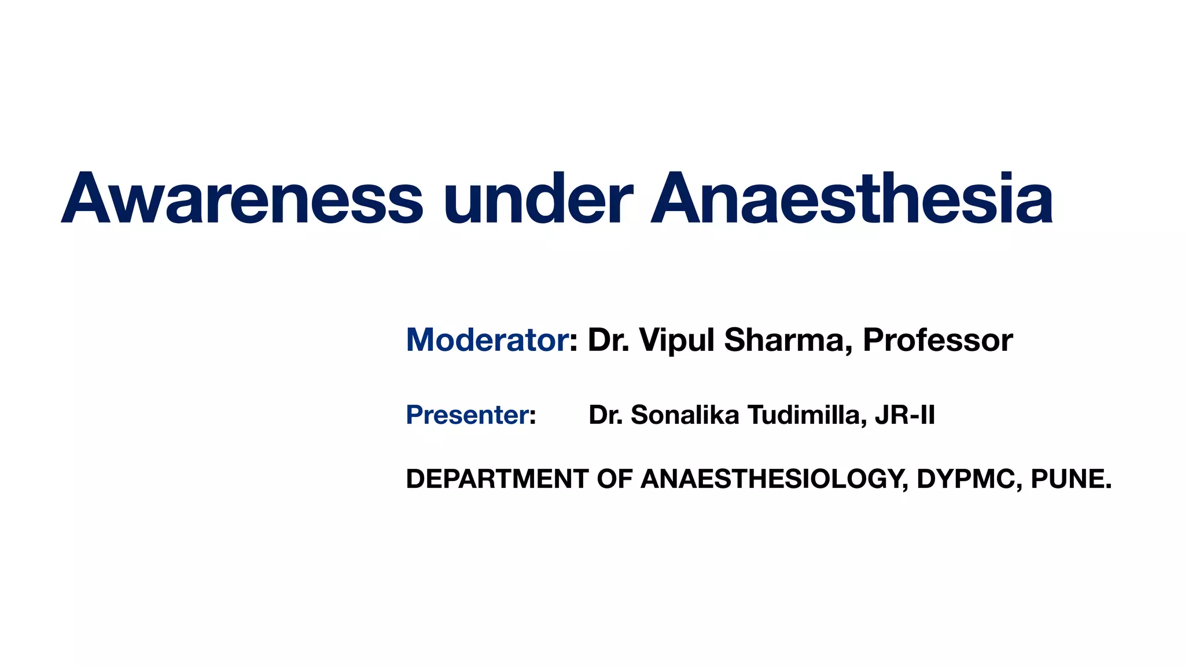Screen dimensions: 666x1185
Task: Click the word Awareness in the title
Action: (242, 198)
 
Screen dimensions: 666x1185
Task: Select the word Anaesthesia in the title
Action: (851, 198)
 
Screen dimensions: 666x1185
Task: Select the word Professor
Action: (937, 340)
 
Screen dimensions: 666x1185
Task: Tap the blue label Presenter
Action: (468, 415)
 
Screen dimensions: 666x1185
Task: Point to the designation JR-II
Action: (905, 415)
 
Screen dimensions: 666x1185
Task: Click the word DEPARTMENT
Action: (497, 479)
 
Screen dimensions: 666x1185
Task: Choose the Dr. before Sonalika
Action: (606, 415)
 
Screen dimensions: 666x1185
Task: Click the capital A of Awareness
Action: (87, 198)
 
